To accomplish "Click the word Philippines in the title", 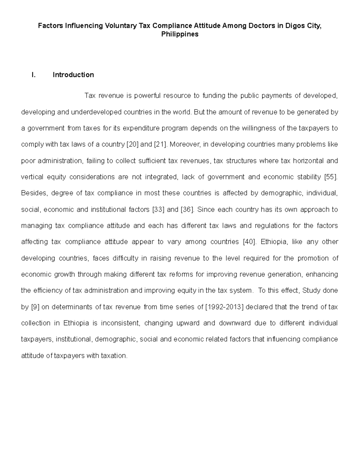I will point(180,34).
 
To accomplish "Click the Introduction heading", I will point(73,75).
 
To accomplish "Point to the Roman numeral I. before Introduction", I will point(34,75).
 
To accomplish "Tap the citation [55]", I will point(331,177).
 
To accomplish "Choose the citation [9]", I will point(35,307).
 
